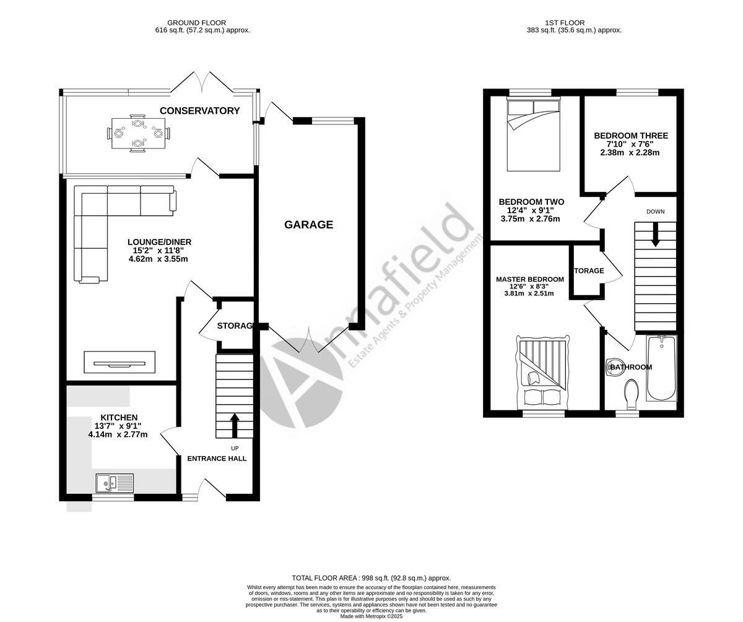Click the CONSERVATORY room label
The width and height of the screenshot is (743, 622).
(x=199, y=111)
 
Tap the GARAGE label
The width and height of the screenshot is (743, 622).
(x=308, y=225)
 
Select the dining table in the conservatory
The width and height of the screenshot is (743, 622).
(x=139, y=132)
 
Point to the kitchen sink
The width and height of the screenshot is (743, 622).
(x=115, y=482)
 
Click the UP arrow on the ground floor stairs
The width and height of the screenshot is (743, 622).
(x=235, y=425)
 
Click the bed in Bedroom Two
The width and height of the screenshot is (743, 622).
(x=534, y=134)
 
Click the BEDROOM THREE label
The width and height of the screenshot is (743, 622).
(x=631, y=136)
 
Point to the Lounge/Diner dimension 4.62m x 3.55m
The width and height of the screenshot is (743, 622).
(x=159, y=259)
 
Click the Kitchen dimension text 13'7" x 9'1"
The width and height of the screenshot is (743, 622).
(x=118, y=426)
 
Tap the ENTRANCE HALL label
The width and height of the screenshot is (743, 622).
(x=217, y=459)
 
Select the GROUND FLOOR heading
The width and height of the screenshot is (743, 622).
(x=196, y=23)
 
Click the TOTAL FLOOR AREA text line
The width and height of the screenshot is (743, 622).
(x=371, y=577)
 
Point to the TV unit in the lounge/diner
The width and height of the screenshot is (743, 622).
(x=119, y=362)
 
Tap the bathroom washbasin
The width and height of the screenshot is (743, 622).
(x=615, y=367)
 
